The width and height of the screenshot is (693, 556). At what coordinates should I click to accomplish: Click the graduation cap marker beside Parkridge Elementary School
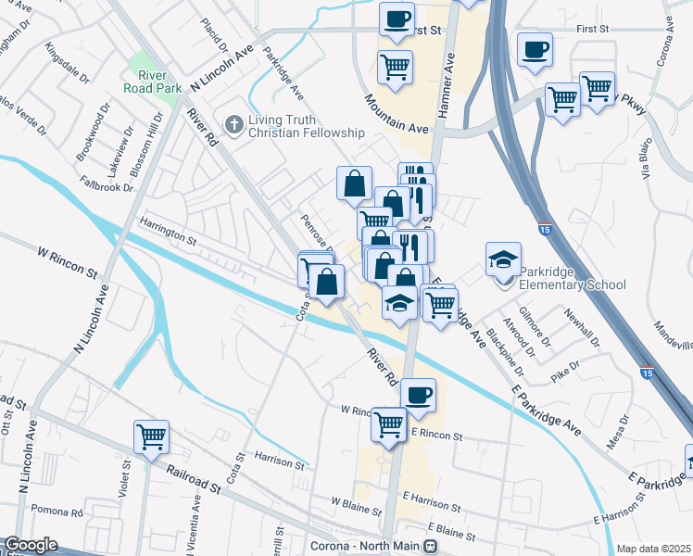click(x=503, y=259)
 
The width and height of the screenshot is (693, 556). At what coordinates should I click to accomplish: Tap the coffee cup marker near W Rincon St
click(x=418, y=396)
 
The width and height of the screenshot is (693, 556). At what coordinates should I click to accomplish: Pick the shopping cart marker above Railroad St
click(x=151, y=436)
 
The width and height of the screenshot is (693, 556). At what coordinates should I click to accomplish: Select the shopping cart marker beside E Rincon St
click(x=388, y=424)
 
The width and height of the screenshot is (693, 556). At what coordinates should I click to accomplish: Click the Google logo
click(x=30, y=545)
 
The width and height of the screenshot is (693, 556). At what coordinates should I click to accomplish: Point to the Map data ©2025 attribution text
click(x=653, y=549)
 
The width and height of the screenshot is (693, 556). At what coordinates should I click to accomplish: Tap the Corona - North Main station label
click(x=365, y=547)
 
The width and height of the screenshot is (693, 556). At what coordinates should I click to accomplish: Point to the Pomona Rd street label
click(x=57, y=511)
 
